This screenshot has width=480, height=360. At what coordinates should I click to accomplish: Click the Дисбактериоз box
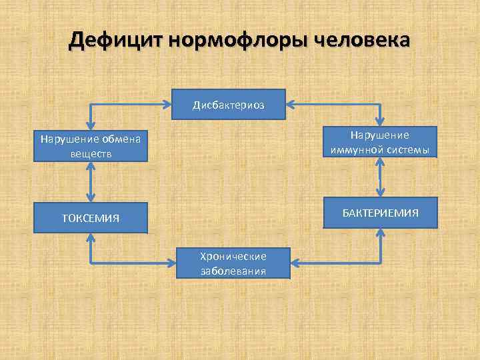[228, 105]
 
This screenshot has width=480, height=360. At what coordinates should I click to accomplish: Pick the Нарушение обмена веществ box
[90, 146]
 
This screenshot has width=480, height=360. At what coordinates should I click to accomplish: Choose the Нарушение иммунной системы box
[380, 142]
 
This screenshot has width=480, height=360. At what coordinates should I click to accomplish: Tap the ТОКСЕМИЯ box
[90, 217]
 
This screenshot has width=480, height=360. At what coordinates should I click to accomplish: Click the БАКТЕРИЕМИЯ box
[380, 213]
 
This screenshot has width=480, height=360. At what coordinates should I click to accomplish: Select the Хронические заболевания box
[233, 263]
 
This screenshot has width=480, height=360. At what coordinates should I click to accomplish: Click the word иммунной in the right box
[358, 149]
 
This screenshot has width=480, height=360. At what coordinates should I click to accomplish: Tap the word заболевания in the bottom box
[233, 271]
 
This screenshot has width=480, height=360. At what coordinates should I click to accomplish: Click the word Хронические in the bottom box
[233, 257]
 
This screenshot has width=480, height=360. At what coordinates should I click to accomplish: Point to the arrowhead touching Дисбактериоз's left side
[167, 105]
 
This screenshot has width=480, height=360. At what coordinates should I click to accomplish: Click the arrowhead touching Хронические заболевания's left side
[172, 263]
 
